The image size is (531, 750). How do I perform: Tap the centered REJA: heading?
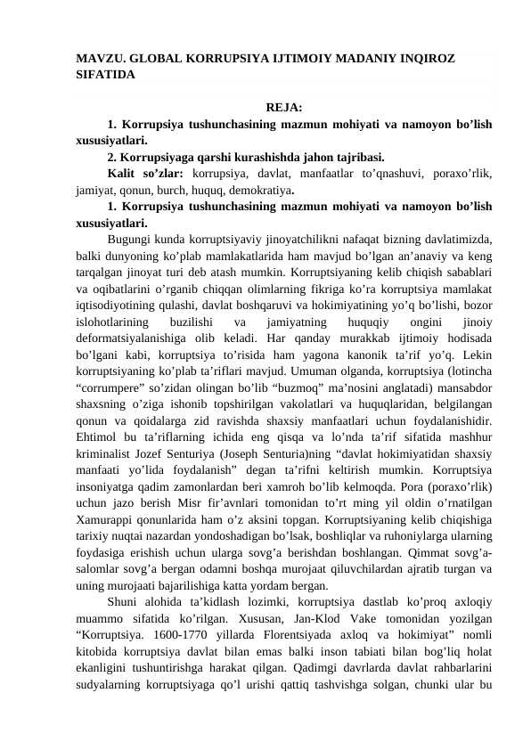tap(282, 109)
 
